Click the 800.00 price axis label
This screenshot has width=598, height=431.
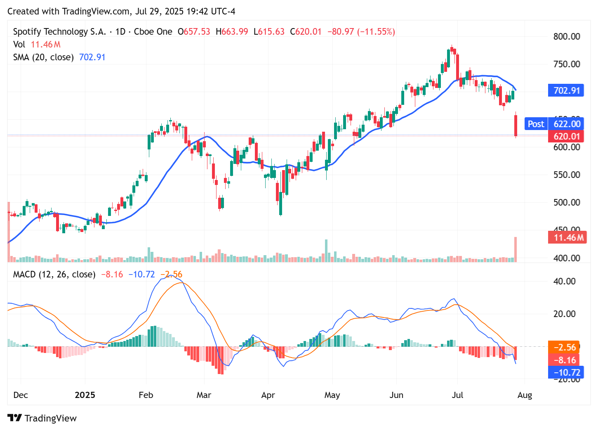coord(566,36)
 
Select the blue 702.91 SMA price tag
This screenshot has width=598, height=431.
coord(566,90)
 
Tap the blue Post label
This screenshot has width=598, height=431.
coord(535,124)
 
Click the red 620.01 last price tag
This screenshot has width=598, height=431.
coord(566,136)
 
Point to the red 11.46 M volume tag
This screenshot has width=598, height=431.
coord(567,237)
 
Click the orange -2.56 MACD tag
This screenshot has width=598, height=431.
coord(564,347)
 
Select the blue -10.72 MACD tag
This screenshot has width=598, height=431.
coord(566,372)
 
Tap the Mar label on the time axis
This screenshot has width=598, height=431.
coord(204,395)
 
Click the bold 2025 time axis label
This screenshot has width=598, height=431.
coord(85,395)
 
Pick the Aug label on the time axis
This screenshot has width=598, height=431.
coord(524,395)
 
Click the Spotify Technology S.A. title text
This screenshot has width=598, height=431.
coord(59,32)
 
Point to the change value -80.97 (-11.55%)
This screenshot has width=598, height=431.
coord(361,32)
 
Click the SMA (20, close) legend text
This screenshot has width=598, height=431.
coord(43,57)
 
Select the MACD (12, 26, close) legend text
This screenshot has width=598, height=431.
coord(54,275)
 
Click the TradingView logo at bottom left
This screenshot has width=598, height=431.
coord(42,418)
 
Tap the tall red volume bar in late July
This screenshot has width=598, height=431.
coord(515,249)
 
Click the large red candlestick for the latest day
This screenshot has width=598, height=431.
coord(516,126)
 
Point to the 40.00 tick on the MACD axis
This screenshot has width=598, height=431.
coord(565,281)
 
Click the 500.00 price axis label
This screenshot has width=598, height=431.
coord(566,202)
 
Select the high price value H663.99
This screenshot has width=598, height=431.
coord(232,32)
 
